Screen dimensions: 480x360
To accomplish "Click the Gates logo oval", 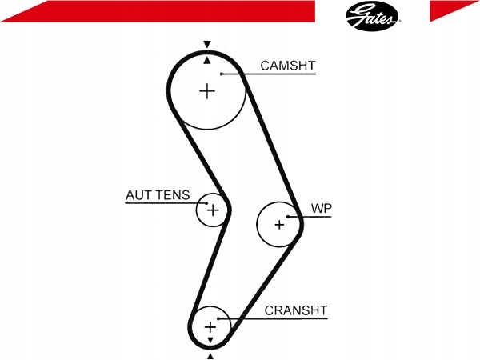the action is pos(372,16).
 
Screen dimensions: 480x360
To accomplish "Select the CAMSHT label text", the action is pos(287,66).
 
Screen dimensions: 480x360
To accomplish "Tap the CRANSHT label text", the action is pos(296,310).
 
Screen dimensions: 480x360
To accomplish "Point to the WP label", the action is pos(321,208).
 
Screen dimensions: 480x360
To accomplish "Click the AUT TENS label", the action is pos(158,195).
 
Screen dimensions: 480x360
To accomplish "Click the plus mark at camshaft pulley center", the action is pos(207,91).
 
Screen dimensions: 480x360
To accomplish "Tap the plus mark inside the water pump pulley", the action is pos(279,226).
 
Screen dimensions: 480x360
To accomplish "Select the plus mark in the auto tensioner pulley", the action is pos(213,210).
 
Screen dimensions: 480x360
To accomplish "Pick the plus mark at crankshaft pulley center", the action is pos(210,327).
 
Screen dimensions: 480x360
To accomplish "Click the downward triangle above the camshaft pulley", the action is pos(207,44).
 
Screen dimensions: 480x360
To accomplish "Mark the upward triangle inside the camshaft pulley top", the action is pos(207,60).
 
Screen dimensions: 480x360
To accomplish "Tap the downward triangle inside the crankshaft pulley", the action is pos(210,340).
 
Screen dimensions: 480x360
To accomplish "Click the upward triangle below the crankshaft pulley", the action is pos(210,356).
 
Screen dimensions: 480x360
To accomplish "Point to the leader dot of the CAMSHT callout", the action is pos(222,74).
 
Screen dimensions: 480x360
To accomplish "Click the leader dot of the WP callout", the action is pos(288,217).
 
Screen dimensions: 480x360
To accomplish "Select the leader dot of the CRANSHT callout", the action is pos(218,318).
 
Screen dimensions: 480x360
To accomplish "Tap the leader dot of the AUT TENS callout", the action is pos(206,203).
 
